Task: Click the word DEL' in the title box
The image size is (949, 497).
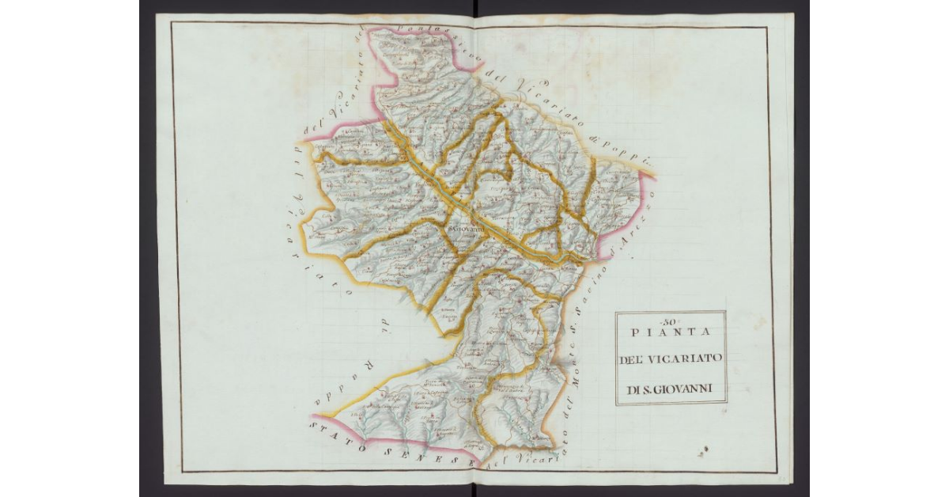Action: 632,360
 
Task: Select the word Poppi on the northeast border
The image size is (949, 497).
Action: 629,150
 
